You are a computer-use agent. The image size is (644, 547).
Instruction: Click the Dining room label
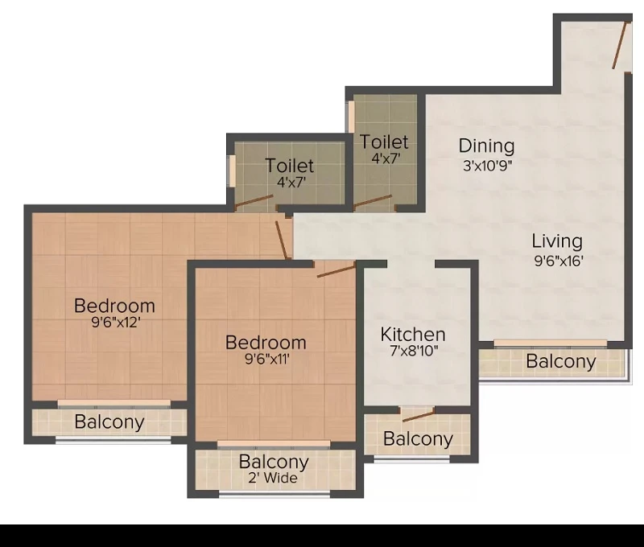486,146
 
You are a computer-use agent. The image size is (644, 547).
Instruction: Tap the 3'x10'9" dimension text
488,166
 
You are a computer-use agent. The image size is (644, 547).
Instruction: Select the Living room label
557,241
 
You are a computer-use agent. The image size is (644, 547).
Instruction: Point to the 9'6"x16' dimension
559,261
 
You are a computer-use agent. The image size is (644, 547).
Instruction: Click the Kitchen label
413,335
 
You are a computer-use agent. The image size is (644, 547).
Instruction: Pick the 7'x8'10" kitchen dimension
414,351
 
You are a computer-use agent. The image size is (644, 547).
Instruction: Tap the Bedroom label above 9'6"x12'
114,306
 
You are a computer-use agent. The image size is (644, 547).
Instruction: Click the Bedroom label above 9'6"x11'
266,343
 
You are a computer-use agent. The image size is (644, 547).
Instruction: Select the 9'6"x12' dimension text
116,322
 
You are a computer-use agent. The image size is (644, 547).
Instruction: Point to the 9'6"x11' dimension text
267,359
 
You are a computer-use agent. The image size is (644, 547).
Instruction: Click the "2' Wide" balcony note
273,478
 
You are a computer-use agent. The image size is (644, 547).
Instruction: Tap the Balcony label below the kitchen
418,439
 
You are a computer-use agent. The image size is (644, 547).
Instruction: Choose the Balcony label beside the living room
561,361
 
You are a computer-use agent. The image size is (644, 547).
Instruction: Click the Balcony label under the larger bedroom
109,422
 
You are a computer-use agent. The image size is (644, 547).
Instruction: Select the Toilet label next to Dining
384,142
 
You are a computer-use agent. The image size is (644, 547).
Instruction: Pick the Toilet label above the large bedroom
290,166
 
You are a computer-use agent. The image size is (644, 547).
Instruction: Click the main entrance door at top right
619,45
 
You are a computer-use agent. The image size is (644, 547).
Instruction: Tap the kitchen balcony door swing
418,415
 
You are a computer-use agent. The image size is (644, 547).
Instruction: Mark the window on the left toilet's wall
232,171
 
